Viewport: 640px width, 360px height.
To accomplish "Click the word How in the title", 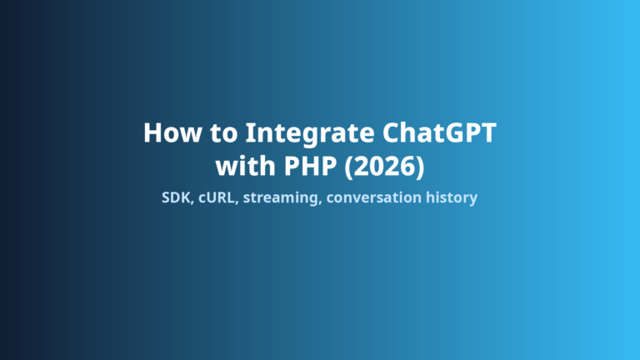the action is tap(172, 132).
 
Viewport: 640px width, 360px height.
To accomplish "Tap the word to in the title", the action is tap(223, 133).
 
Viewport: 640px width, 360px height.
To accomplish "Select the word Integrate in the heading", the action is tap(310, 134).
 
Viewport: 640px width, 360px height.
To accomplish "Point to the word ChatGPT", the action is tap(439, 132).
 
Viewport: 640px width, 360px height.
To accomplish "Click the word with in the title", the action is tap(245, 166).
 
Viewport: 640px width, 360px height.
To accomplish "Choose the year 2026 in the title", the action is tap(384, 166).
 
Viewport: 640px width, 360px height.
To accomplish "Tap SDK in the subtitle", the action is tap(176, 197).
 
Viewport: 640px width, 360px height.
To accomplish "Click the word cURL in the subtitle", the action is tap(217, 197).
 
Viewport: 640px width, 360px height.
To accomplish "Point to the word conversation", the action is tap(374, 198).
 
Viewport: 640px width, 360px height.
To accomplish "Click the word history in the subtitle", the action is tap(452, 198).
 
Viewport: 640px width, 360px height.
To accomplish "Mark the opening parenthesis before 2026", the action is tap(349, 167).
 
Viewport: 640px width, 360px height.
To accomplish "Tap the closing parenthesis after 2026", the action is tap(420, 167).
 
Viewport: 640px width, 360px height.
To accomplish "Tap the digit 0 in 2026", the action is tap(377, 166).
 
